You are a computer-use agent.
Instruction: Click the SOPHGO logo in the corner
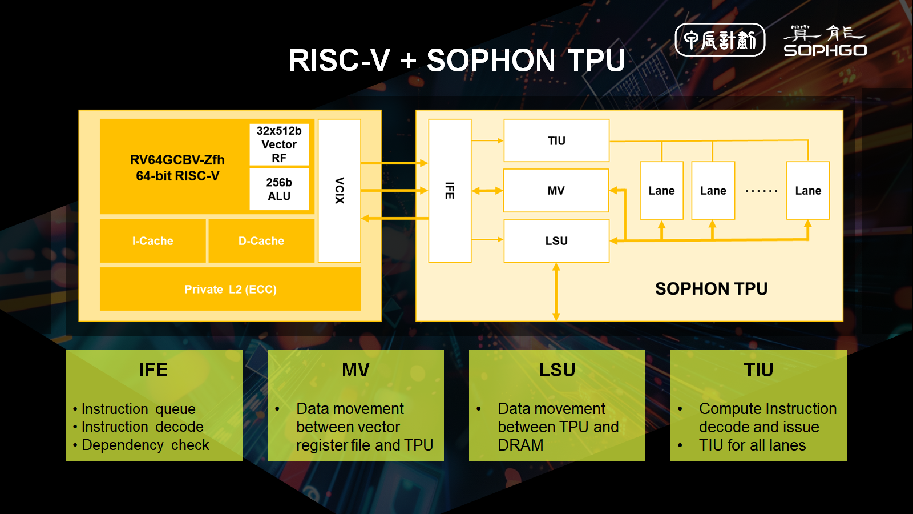[x=825, y=41]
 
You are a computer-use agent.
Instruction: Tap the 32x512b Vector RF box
[x=279, y=144]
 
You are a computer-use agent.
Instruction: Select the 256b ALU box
[x=279, y=189]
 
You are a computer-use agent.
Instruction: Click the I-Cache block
[x=153, y=241]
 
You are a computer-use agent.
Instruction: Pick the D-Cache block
[x=261, y=241]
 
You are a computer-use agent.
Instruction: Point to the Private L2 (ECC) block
[x=231, y=289]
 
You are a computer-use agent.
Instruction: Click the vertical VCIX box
[x=340, y=190]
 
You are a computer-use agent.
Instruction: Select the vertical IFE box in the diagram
[x=450, y=190]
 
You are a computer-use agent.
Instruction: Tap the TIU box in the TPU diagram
[x=556, y=140]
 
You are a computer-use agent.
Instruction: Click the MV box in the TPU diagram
[x=556, y=191]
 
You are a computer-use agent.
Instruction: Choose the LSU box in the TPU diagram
[x=556, y=241]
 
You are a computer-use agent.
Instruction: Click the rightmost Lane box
[x=808, y=191]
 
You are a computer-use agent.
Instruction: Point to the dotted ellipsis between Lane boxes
[x=761, y=191]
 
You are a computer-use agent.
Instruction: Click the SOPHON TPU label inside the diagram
[x=711, y=288]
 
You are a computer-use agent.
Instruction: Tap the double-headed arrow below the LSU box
[x=556, y=291]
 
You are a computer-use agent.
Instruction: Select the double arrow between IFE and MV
[x=487, y=191]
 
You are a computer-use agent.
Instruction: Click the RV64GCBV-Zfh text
[x=177, y=160]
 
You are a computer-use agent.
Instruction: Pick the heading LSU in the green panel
[x=557, y=370]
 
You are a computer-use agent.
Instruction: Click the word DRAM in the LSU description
[x=520, y=445]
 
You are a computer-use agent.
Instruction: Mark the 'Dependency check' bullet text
[x=146, y=445]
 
